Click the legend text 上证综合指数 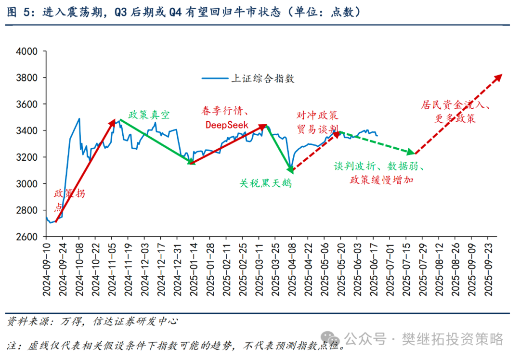click(x=263, y=78)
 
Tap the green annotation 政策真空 click(x=149, y=115)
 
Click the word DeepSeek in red click(x=227, y=125)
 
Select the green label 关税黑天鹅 click(x=266, y=183)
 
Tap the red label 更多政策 click(x=455, y=118)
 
